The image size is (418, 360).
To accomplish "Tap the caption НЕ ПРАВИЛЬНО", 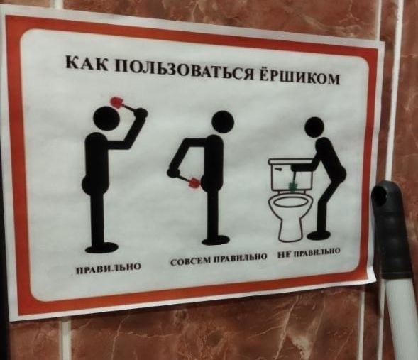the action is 309,253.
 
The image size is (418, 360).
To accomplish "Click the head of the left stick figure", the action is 105,118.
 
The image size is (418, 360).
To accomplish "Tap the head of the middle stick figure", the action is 223,122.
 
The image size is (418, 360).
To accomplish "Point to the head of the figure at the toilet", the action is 315,128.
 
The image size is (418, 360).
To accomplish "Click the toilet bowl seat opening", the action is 290,202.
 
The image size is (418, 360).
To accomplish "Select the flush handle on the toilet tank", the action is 277,169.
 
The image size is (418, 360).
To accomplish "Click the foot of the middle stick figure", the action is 216,241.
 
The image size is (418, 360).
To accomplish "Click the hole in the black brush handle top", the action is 379,196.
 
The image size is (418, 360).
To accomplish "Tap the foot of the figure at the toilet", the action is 319,236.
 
